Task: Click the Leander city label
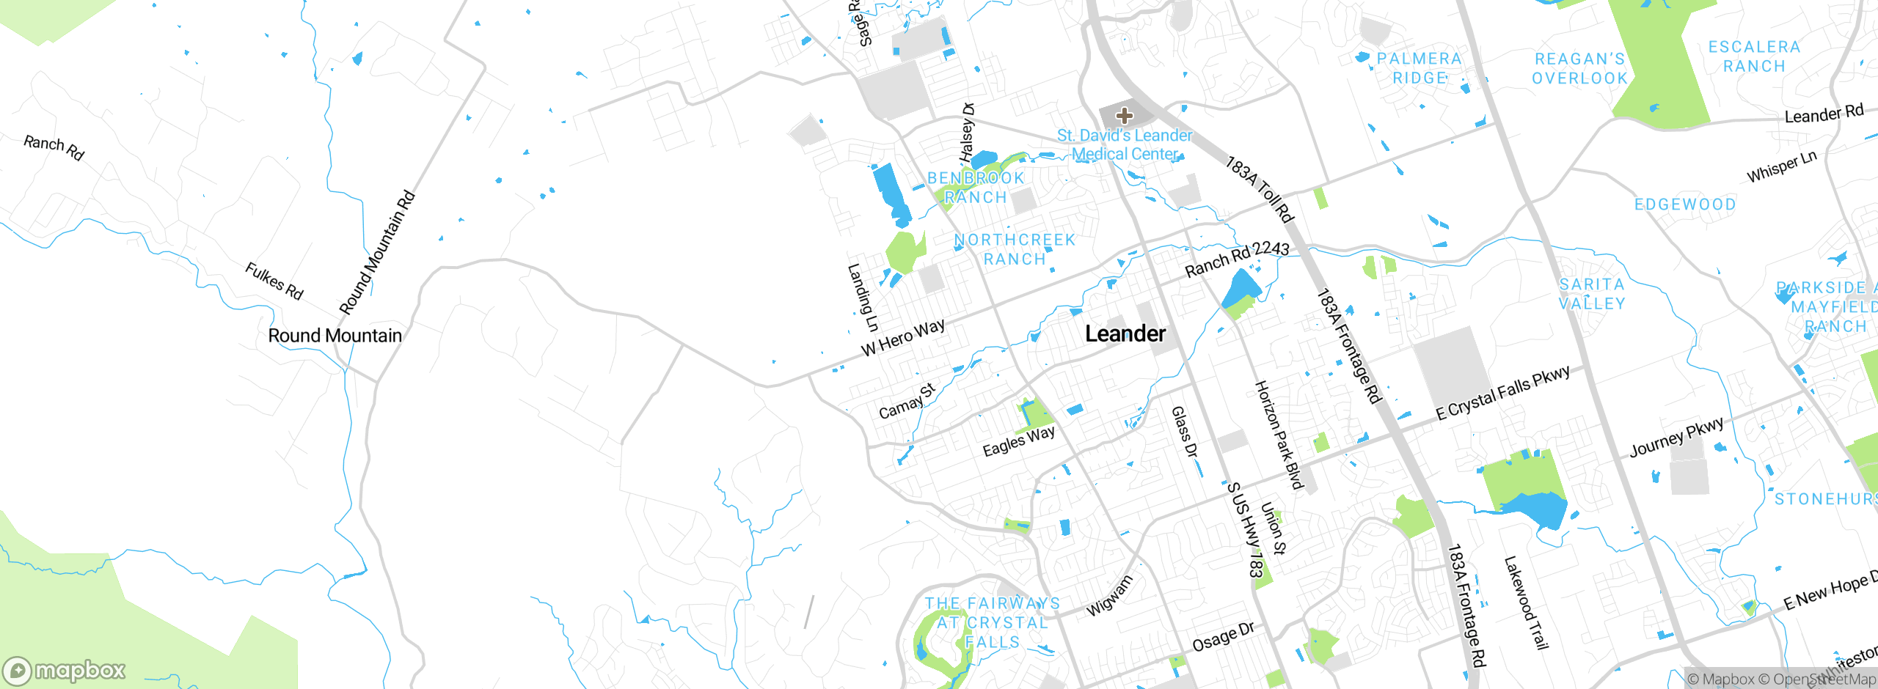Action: (x=1125, y=334)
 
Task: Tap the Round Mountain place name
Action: (x=335, y=336)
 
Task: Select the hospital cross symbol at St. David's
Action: (x=1124, y=115)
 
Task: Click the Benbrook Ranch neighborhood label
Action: (x=976, y=188)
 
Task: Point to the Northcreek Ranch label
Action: (x=1015, y=249)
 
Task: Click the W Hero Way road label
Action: (x=903, y=339)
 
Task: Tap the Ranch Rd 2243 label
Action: (x=1237, y=259)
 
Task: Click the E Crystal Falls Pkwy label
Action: (x=1502, y=393)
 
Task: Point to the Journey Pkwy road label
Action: (x=1676, y=438)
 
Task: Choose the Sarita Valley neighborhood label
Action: (x=1592, y=294)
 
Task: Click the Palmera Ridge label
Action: (x=1419, y=68)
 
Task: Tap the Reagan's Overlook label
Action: (x=1579, y=68)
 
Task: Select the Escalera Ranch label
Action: (x=1754, y=56)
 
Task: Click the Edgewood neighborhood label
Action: (x=1685, y=205)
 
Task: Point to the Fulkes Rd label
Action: (x=274, y=281)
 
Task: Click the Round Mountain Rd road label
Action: (x=377, y=253)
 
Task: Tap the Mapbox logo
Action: (x=65, y=670)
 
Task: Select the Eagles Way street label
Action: (x=1018, y=441)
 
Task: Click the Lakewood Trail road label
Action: (x=1526, y=603)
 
